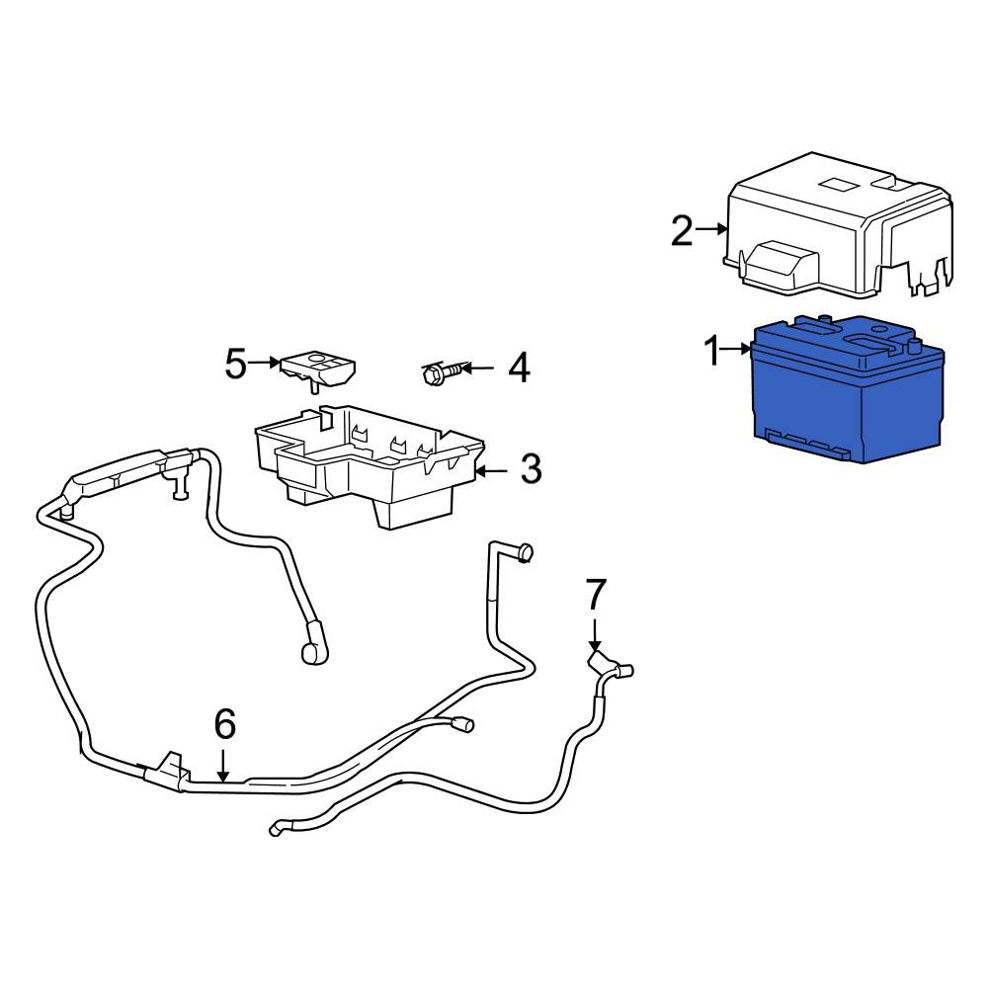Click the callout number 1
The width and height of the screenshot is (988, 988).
[712, 351]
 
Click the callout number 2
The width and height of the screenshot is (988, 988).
[682, 230]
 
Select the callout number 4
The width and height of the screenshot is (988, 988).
[519, 368]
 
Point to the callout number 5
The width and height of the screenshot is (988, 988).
[236, 364]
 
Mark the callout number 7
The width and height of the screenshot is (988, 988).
[596, 594]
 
